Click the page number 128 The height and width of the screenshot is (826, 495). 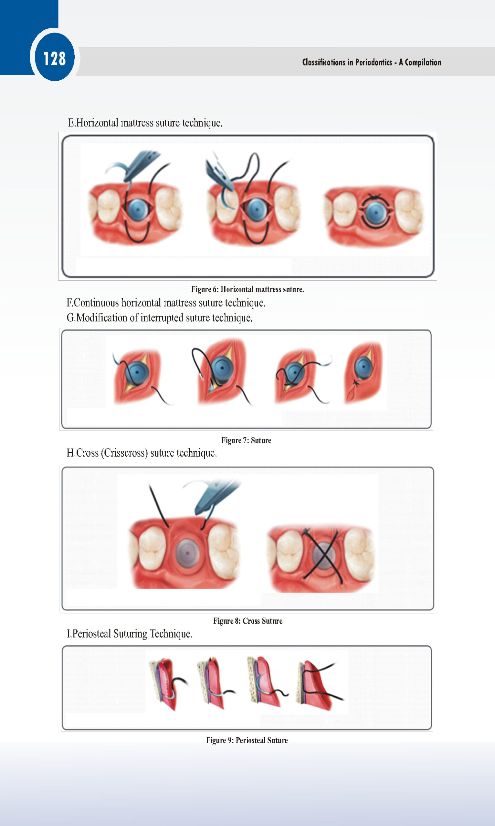point(55,59)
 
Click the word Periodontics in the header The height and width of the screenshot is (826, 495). point(374,62)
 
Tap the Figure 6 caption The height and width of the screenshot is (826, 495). point(247,289)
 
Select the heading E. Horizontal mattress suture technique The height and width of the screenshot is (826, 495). point(145,123)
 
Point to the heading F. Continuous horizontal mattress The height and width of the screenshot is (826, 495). point(166,303)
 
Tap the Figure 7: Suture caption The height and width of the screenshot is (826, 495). point(246,440)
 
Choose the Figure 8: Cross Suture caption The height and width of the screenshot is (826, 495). point(248,621)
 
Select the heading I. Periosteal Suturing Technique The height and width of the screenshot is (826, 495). point(130,633)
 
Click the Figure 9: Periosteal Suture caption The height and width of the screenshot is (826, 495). point(247,740)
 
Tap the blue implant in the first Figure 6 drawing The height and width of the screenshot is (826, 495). point(138,209)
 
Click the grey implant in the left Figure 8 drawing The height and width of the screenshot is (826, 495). point(187,553)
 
